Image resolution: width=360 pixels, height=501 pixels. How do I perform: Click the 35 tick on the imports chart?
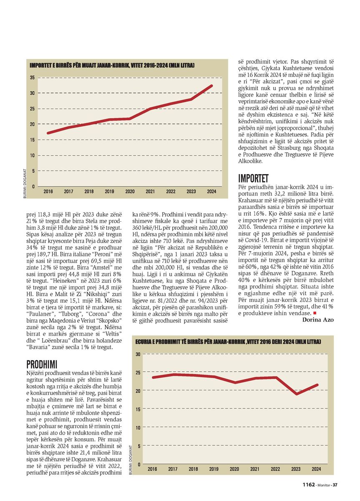32,78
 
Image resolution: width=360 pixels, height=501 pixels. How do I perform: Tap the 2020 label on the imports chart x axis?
130,192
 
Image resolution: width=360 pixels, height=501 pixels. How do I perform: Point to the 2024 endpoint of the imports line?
211,86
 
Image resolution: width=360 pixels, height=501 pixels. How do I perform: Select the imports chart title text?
112,66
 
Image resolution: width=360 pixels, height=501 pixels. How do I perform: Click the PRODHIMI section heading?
42,364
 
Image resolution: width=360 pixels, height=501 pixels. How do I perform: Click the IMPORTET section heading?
253,179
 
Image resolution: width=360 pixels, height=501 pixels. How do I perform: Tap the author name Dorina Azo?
318,320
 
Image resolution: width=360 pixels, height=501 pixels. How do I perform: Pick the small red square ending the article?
315,313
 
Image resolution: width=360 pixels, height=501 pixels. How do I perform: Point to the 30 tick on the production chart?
138,354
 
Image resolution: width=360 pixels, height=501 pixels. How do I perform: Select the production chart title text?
228,342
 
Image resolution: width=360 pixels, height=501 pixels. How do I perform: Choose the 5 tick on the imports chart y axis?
33,171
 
